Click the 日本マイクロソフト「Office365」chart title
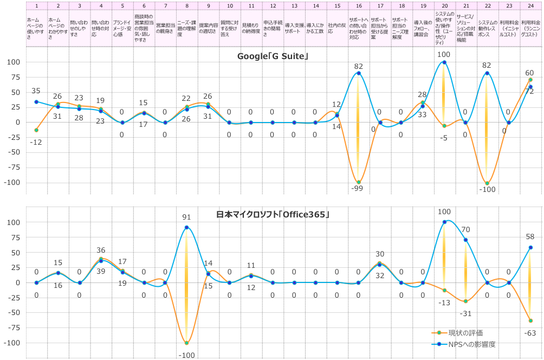coord(273,215)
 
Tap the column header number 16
coord(359,5)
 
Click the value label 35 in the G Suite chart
coord(36,91)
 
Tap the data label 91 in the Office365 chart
coord(186,217)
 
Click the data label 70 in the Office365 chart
coord(466,229)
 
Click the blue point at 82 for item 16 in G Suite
coord(359,73)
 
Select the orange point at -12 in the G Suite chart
coord(36,130)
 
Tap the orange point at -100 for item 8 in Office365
coord(187,343)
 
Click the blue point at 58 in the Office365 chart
coord(530,248)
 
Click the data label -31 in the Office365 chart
coord(465,313)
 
